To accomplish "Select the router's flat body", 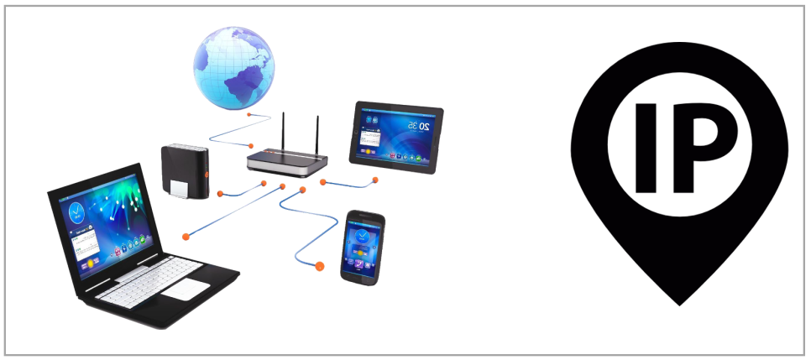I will (285, 161).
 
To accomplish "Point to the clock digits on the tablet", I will (418, 126).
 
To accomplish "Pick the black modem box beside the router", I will (182, 171).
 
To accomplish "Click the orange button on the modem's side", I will (207, 174).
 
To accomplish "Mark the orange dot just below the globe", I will (249, 110).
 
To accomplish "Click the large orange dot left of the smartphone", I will (319, 267).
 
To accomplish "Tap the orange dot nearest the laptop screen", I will (186, 234).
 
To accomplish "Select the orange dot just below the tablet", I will (374, 179).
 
